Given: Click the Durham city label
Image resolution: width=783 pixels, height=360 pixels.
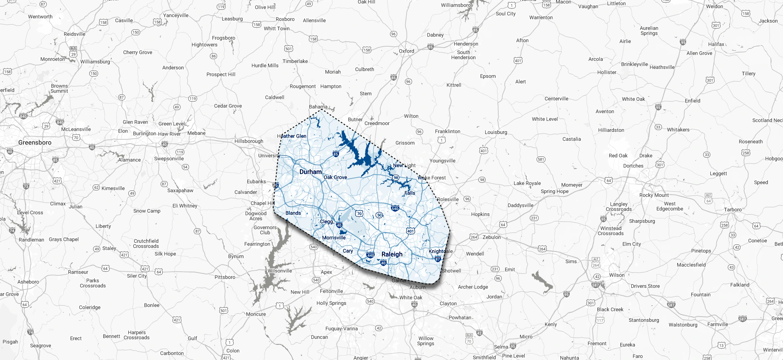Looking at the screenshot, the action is click(311, 172).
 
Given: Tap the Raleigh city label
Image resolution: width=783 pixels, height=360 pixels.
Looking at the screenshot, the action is click(392, 254).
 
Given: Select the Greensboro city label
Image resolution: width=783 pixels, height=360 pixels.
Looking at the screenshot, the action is click(35, 142).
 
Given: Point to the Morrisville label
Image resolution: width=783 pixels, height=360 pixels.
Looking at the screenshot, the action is click(334, 238).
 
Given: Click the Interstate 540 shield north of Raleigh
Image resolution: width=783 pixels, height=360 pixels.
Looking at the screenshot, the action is click(395, 208).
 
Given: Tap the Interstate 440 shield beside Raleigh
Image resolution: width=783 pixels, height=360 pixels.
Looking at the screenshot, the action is click(370, 255).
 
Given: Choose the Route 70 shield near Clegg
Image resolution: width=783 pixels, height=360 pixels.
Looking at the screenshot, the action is click(359, 213).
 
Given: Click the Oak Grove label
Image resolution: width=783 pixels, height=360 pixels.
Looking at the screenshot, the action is click(335, 177).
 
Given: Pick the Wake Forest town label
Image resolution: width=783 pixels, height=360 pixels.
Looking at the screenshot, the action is click(432, 178).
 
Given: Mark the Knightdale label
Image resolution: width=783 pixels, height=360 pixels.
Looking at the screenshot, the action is click(441, 251).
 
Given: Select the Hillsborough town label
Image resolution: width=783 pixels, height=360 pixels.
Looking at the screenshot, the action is click(249, 141).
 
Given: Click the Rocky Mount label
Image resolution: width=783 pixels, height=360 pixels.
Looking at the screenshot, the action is click(654, 195).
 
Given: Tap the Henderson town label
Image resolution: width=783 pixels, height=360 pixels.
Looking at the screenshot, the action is click(466, 44).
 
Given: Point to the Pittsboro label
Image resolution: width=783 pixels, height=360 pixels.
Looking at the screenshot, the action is click(225, 277).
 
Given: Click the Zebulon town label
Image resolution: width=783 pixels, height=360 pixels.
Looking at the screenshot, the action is click(492, 237).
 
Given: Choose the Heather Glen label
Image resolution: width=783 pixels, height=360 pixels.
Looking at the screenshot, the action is click(292, 136).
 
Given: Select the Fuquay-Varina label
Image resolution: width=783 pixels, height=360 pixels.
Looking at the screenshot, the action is click(342, 329).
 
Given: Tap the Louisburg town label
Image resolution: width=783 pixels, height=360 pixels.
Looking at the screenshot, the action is click(496, 132).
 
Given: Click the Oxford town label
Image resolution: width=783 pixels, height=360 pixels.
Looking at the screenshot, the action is click(407, 51).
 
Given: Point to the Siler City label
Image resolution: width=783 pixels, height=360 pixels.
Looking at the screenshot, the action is click(137, 276).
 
